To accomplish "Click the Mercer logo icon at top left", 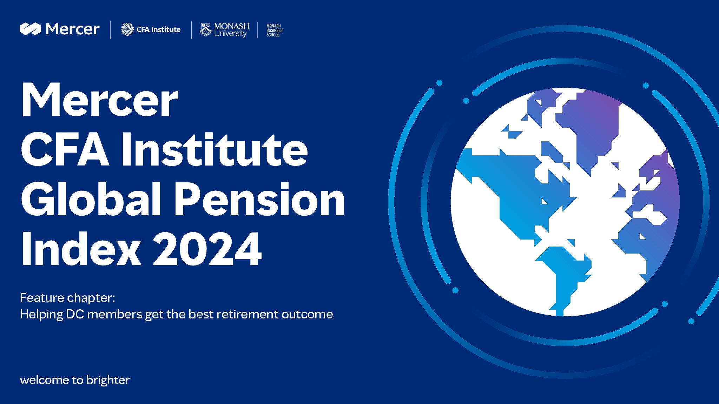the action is pos(30,29).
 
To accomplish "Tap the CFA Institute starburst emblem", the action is pos(127,29).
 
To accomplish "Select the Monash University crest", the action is pos(205,30).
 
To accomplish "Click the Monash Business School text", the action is pos(274,31).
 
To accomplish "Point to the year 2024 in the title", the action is pos(207,249).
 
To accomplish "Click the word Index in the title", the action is pos(81,249).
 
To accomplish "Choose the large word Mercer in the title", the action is pos(100,100).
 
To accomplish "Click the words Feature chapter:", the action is pos(67,298).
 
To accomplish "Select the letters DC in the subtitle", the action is pos(75,314).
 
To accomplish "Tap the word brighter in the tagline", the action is pos(108,381).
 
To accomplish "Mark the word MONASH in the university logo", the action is pos(232,26).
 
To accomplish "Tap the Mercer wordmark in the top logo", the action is pos(73,29).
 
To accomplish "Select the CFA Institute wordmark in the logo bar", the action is pos(159,30).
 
